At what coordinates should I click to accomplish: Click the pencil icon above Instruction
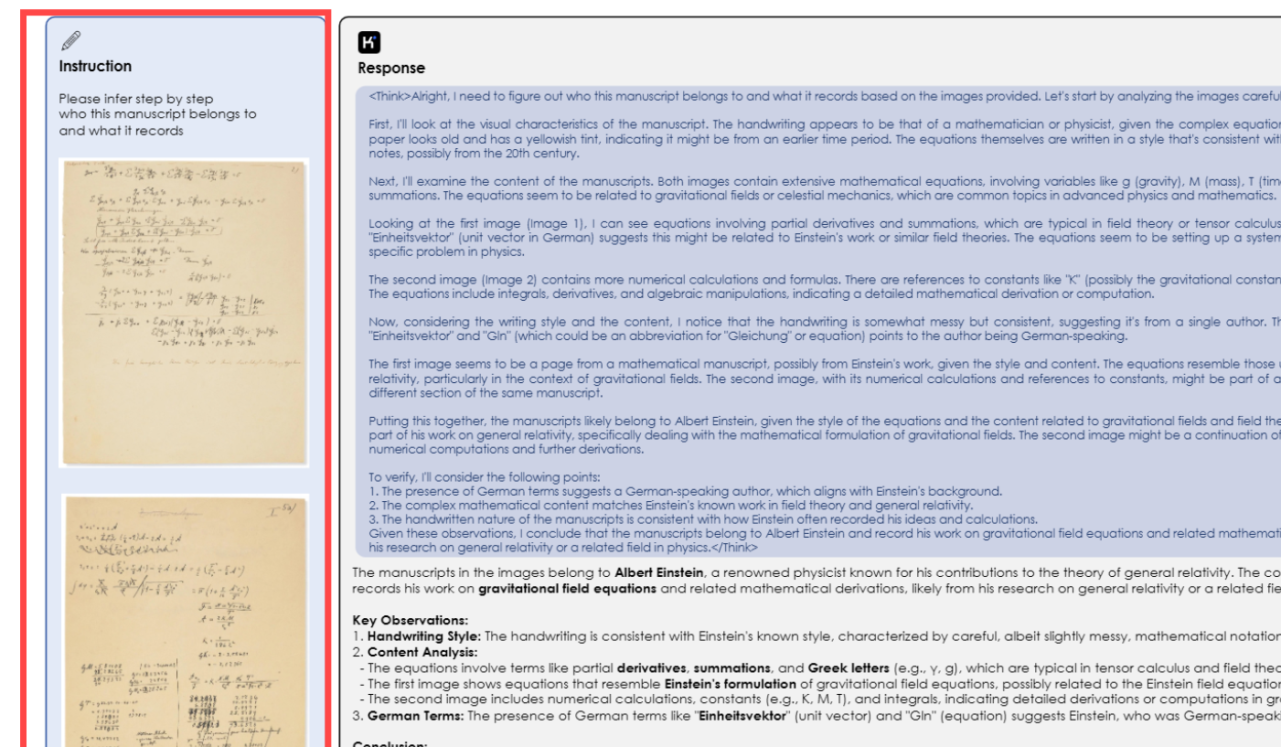click(70, 41)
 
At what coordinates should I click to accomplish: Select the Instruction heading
click(95, 66)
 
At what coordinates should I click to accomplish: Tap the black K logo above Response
click(369, 42)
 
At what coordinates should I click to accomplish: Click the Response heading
click(391, 68)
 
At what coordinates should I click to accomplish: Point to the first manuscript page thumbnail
click(184, 312)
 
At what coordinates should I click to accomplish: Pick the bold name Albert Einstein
click(658, 572)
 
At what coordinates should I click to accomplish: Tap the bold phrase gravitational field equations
click(567, 588)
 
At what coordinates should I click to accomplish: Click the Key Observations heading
click(410, 620)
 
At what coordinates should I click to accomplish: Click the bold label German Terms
click(415, 715)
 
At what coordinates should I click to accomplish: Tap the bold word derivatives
click(655, 667)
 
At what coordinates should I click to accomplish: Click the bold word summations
click(734, 667)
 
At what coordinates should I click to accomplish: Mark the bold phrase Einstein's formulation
click(721, 683)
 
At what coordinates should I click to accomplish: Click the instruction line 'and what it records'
click(121, 131)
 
